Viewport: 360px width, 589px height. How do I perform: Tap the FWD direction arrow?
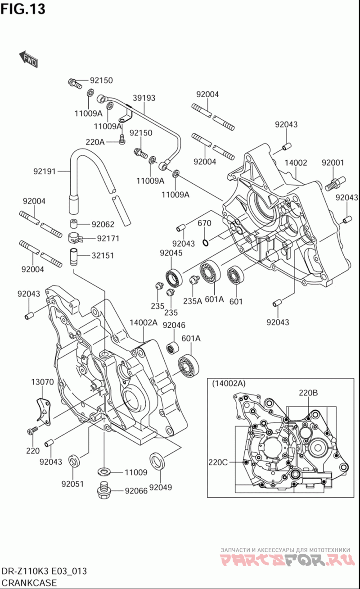click(28, 59)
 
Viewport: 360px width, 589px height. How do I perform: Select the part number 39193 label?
click(144, 98)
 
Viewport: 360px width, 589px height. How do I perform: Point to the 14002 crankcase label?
click(296, 163)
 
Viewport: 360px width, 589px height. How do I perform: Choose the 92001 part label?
click(333, 163)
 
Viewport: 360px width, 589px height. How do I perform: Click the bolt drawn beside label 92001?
click(334, 183)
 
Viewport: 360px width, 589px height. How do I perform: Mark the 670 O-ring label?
click(204, 223)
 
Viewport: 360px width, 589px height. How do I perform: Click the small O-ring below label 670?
click(205, 243)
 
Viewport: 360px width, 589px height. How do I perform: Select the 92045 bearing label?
click(171, 253)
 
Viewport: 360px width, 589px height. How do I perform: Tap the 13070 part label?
click(42, 382)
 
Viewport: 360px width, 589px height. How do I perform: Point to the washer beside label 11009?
click(104, 471)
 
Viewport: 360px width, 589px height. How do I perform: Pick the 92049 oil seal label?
click(161, 487)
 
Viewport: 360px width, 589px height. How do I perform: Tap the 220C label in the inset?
click(218, 462)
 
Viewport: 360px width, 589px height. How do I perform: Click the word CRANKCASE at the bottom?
click(29, 583)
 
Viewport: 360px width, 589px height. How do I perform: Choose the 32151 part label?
click(103, 255)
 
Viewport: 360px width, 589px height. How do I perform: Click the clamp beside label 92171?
click(74, 237)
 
